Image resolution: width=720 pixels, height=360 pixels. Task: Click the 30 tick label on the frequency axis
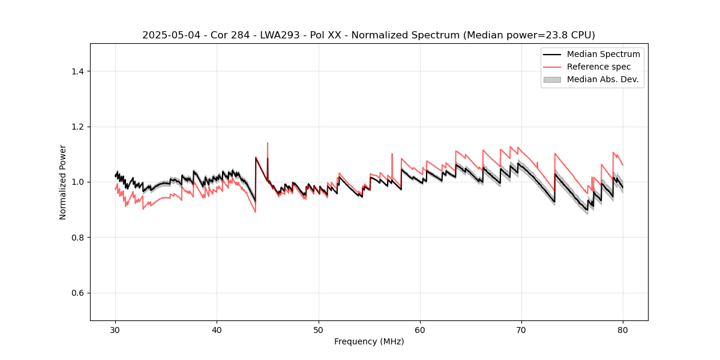tap(115, 329)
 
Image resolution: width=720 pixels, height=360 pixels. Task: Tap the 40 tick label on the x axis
tap(217, 329)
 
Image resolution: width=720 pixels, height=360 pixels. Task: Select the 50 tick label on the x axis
tap(318, 329)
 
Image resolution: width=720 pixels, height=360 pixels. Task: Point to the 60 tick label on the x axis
tap(420, 329)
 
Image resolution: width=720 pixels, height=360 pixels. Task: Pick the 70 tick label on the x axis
tap(521, 329)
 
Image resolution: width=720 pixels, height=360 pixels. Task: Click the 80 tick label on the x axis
tap(623, 329)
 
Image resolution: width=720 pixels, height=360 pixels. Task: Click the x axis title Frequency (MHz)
tap(369, 341)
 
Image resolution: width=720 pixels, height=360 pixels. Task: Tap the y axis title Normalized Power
tap(63, 182)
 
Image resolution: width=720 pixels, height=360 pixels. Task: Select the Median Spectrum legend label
tap(603, 54)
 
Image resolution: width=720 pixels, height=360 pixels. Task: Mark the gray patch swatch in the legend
tap(552, 79)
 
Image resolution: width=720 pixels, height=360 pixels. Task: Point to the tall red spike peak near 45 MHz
tap(267, 143)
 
